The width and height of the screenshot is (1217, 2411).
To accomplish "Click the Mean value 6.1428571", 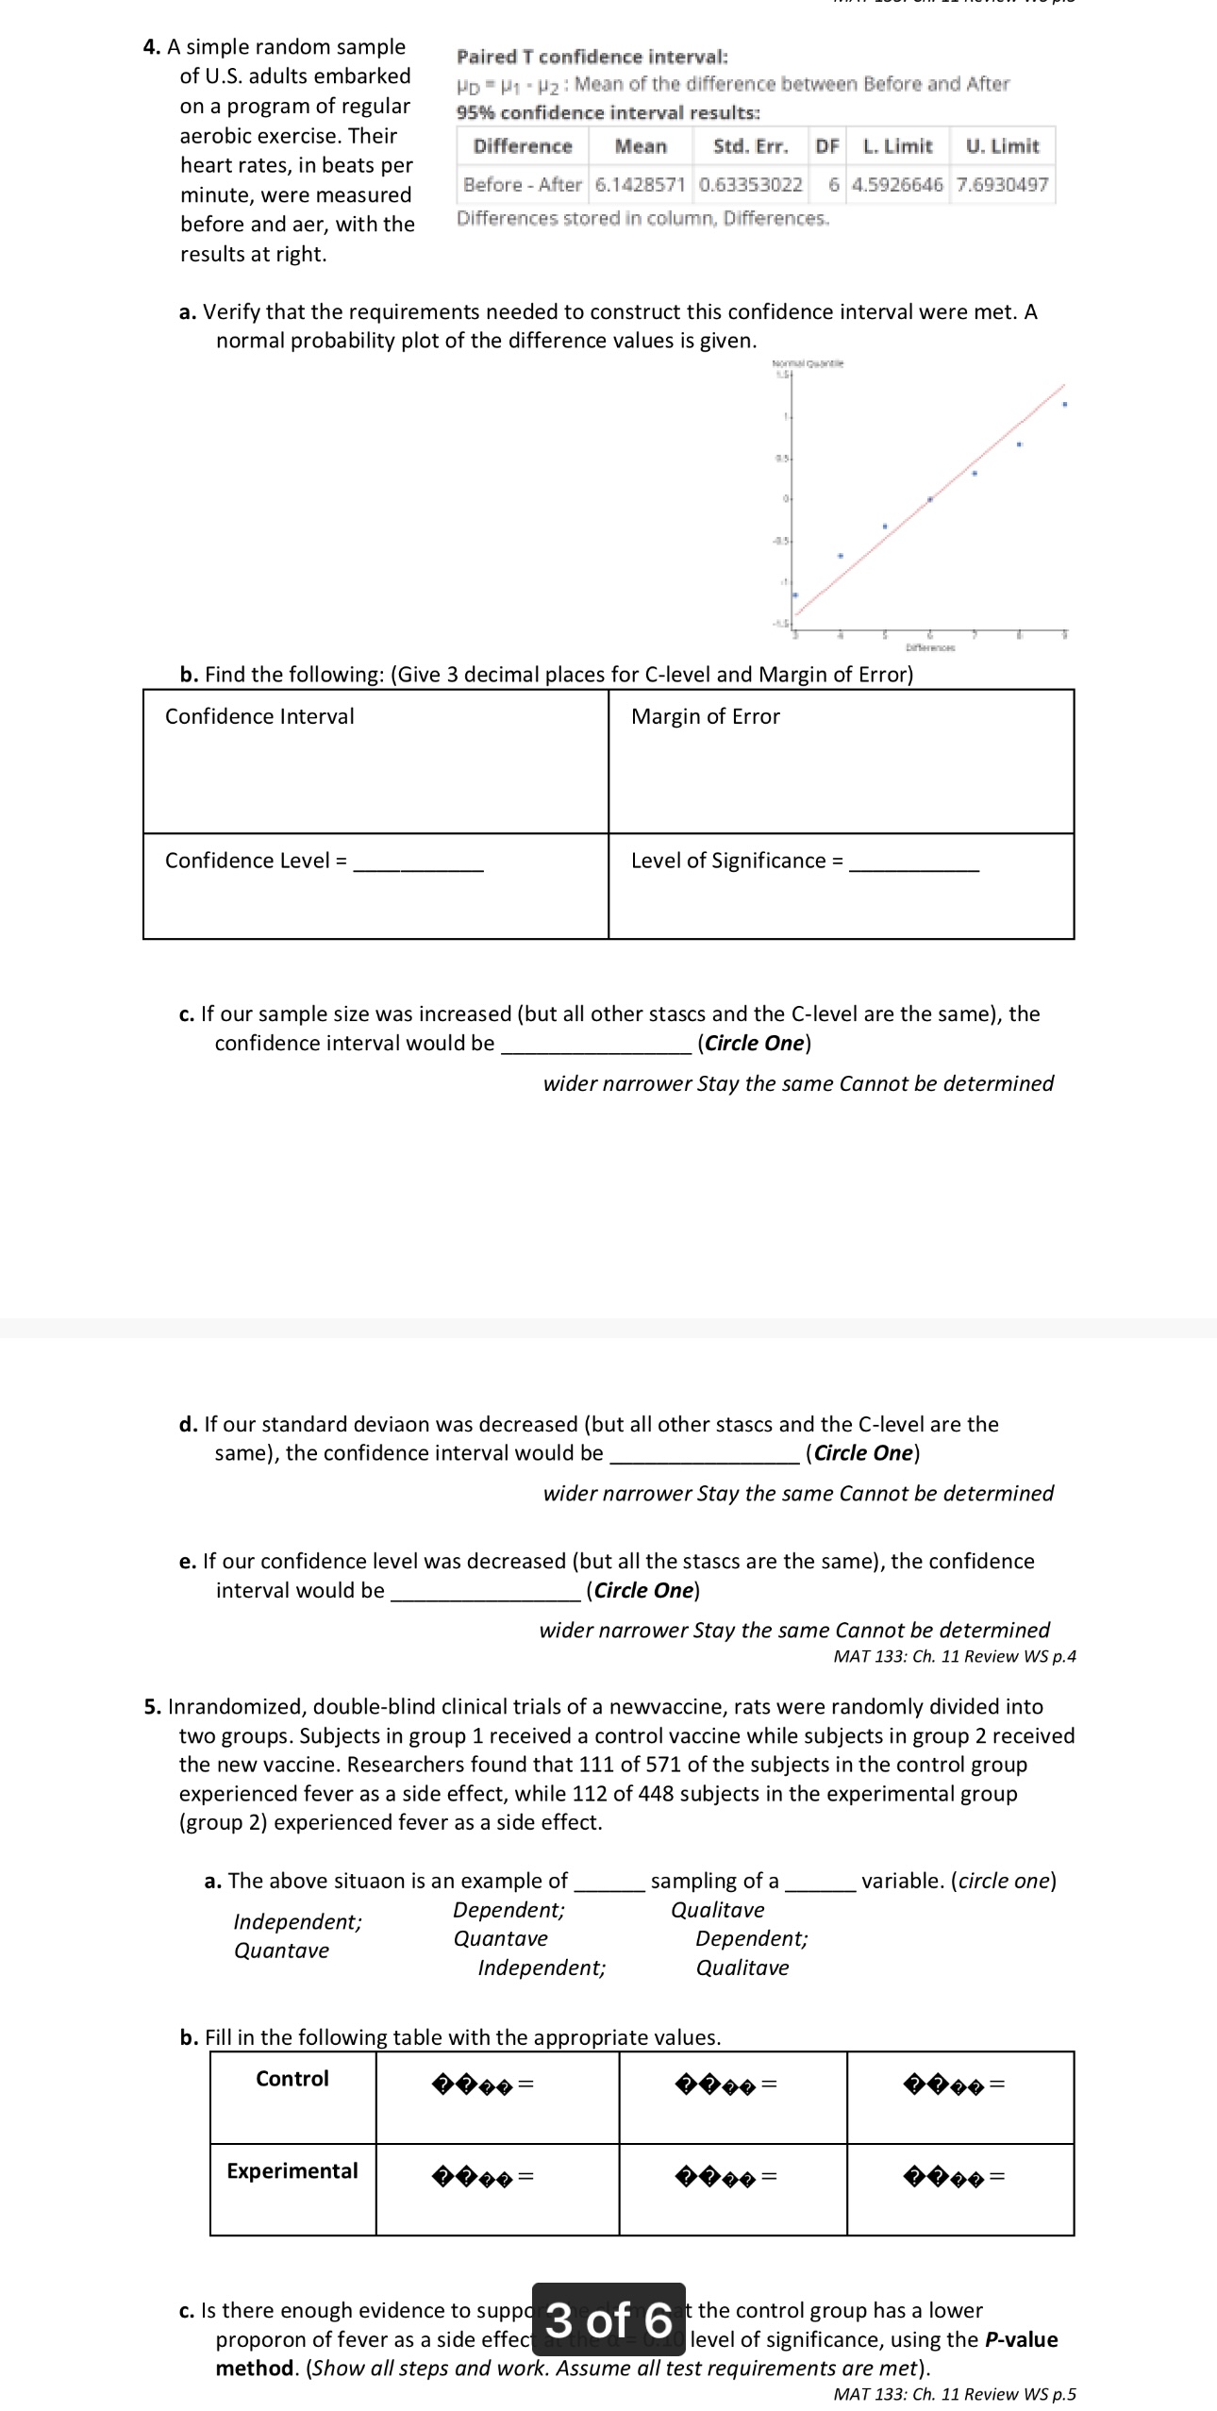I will click(640, 185).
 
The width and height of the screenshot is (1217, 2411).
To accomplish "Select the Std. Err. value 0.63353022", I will click(750, 185).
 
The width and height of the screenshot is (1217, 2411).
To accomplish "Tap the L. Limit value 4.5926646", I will click(896, 185).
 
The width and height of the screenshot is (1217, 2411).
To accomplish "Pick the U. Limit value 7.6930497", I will click(1002, 185).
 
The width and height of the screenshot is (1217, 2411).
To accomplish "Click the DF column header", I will click(827, 146).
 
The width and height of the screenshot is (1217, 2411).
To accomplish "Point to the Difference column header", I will click(523, 146).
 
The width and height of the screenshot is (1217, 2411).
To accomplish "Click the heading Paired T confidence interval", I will click(592, 57).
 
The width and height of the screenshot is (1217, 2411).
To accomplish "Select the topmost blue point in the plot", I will click(1064, 405).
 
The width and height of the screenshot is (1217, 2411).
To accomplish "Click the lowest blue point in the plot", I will click(794, 595).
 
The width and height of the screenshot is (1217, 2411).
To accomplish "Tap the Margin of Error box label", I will click(705, 716).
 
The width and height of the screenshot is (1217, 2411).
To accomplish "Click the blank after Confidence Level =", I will click(418, 862).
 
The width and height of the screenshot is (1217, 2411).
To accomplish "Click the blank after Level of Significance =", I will click(913, 862).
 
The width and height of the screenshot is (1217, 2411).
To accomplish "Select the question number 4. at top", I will click(152, 47).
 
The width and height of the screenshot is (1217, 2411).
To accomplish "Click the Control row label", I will click(292, 2078).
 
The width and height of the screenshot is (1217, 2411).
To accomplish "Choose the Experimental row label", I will click(292, 2170).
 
